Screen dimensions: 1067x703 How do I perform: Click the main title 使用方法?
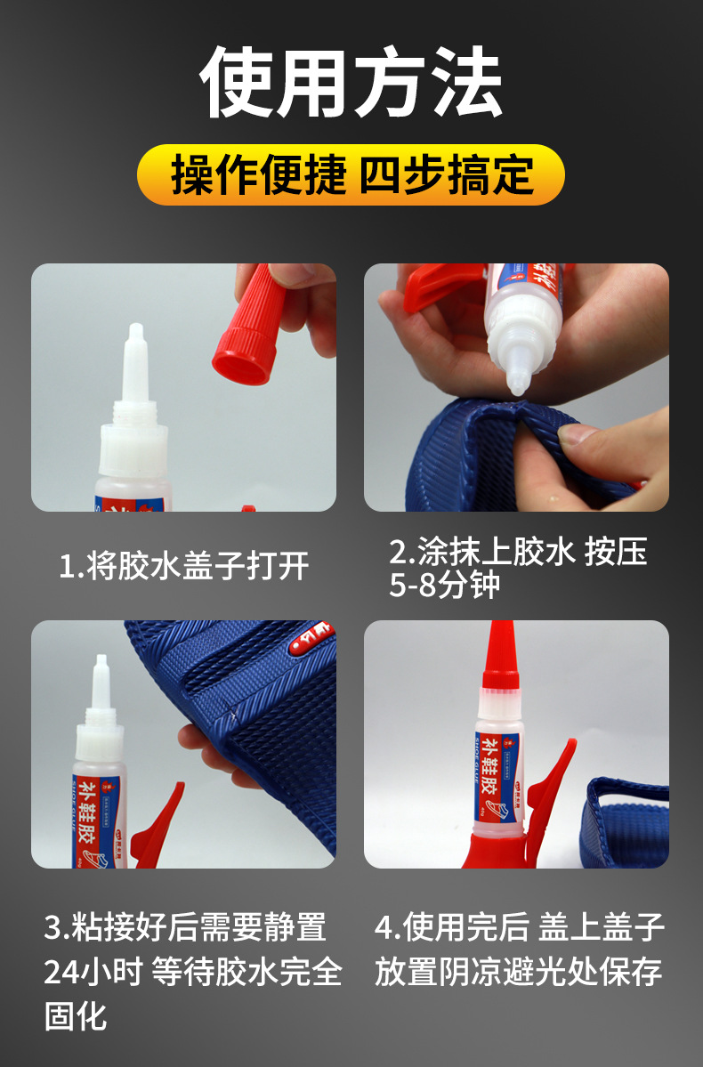pos(351,85)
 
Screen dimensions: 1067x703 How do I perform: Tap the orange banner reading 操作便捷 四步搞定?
pos(351,175)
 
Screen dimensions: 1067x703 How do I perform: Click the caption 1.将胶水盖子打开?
pos(184,565)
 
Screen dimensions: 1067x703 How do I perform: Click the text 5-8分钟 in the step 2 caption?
pos(444,586)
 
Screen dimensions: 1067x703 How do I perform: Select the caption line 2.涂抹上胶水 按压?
pos(518,553)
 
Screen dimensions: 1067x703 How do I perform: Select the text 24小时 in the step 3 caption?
pos(93,972)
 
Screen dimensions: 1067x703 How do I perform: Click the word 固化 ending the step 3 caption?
pos(76,1015)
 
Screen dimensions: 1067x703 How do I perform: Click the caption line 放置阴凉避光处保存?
pos(518,972)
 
